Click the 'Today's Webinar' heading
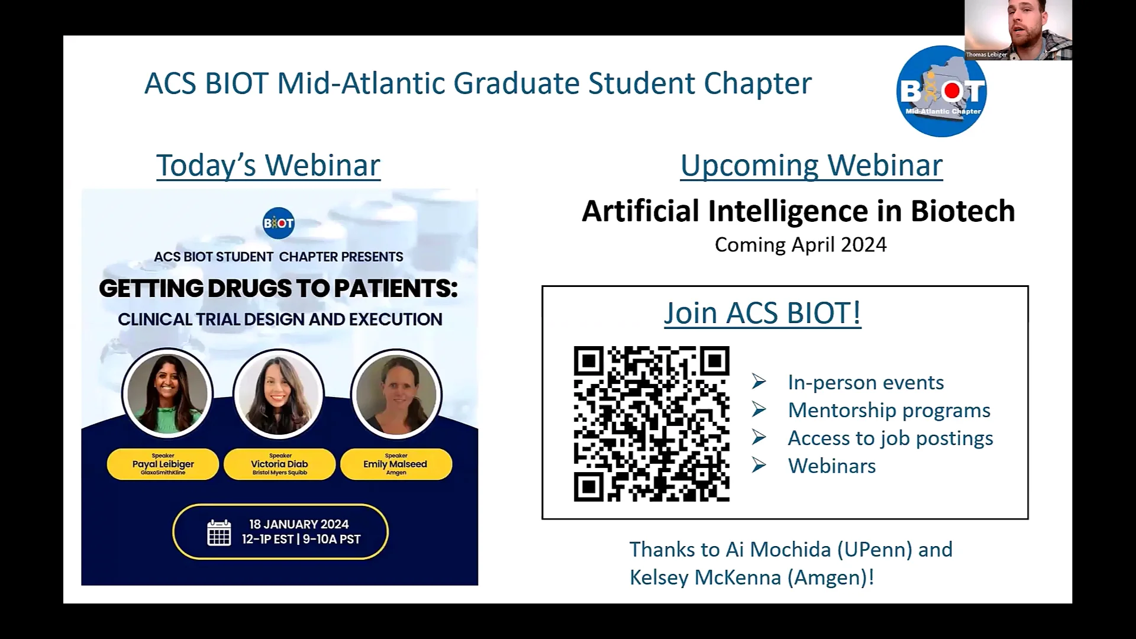(268, 165)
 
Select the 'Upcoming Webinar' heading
(811, 165)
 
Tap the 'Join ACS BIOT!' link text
(762, 313)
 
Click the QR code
(651, 424)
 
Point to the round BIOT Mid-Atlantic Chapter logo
(941, 92)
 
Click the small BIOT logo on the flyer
(278, 223)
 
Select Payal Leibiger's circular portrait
(167, 393)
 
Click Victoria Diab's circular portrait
(279, 393)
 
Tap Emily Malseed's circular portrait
(396, 393)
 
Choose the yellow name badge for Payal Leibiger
(163, 464)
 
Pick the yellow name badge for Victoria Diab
(279, 464)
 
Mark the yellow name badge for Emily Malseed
(396, 464)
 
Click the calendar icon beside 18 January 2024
(219, 532)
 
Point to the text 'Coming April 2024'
(801, 245)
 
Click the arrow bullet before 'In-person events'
(759, 382)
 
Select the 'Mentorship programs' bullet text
(889, 410)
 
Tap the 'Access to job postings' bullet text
(890, 438)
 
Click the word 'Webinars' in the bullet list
(832, 466)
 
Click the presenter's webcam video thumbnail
(1018, 30)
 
